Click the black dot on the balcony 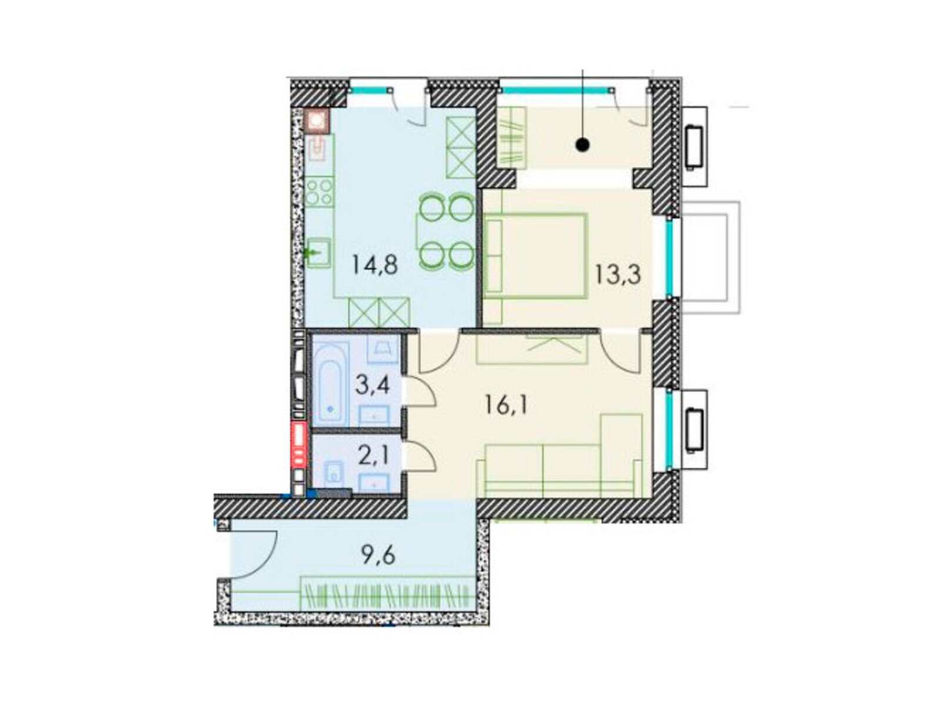point(582,145)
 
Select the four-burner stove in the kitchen point(318,192)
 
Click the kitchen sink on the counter point(319,253)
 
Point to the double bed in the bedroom point(536,256)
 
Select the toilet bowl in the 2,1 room point(333,474)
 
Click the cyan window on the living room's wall point(669,430)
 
